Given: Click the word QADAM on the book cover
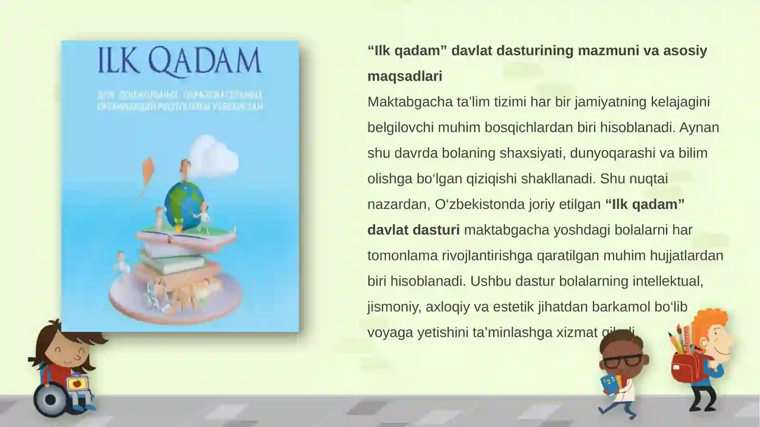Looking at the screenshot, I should click(205, 61).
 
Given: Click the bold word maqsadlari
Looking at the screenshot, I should click(405, 76).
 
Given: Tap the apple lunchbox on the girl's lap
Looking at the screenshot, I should click(76, 383).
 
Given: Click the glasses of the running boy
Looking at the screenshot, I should click(623, 360).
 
